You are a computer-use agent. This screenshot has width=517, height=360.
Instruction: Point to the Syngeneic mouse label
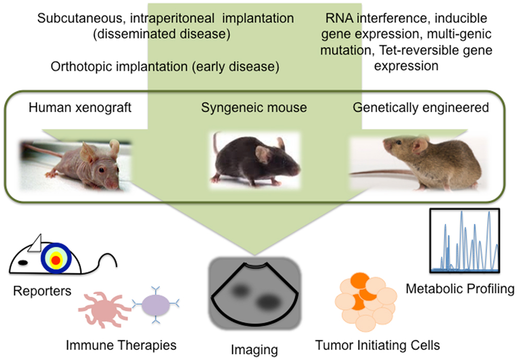[x=254, y=108]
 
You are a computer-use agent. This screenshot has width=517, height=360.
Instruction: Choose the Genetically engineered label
[x=420, y=108]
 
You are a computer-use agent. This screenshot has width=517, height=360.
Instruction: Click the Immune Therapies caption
[x=121, y=345]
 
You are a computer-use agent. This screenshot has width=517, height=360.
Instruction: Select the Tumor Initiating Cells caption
[x=378, y=345]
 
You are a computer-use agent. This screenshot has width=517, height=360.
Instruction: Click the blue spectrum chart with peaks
[x=464, y=241]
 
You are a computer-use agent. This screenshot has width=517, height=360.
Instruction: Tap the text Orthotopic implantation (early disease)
[x=165, y=67]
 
